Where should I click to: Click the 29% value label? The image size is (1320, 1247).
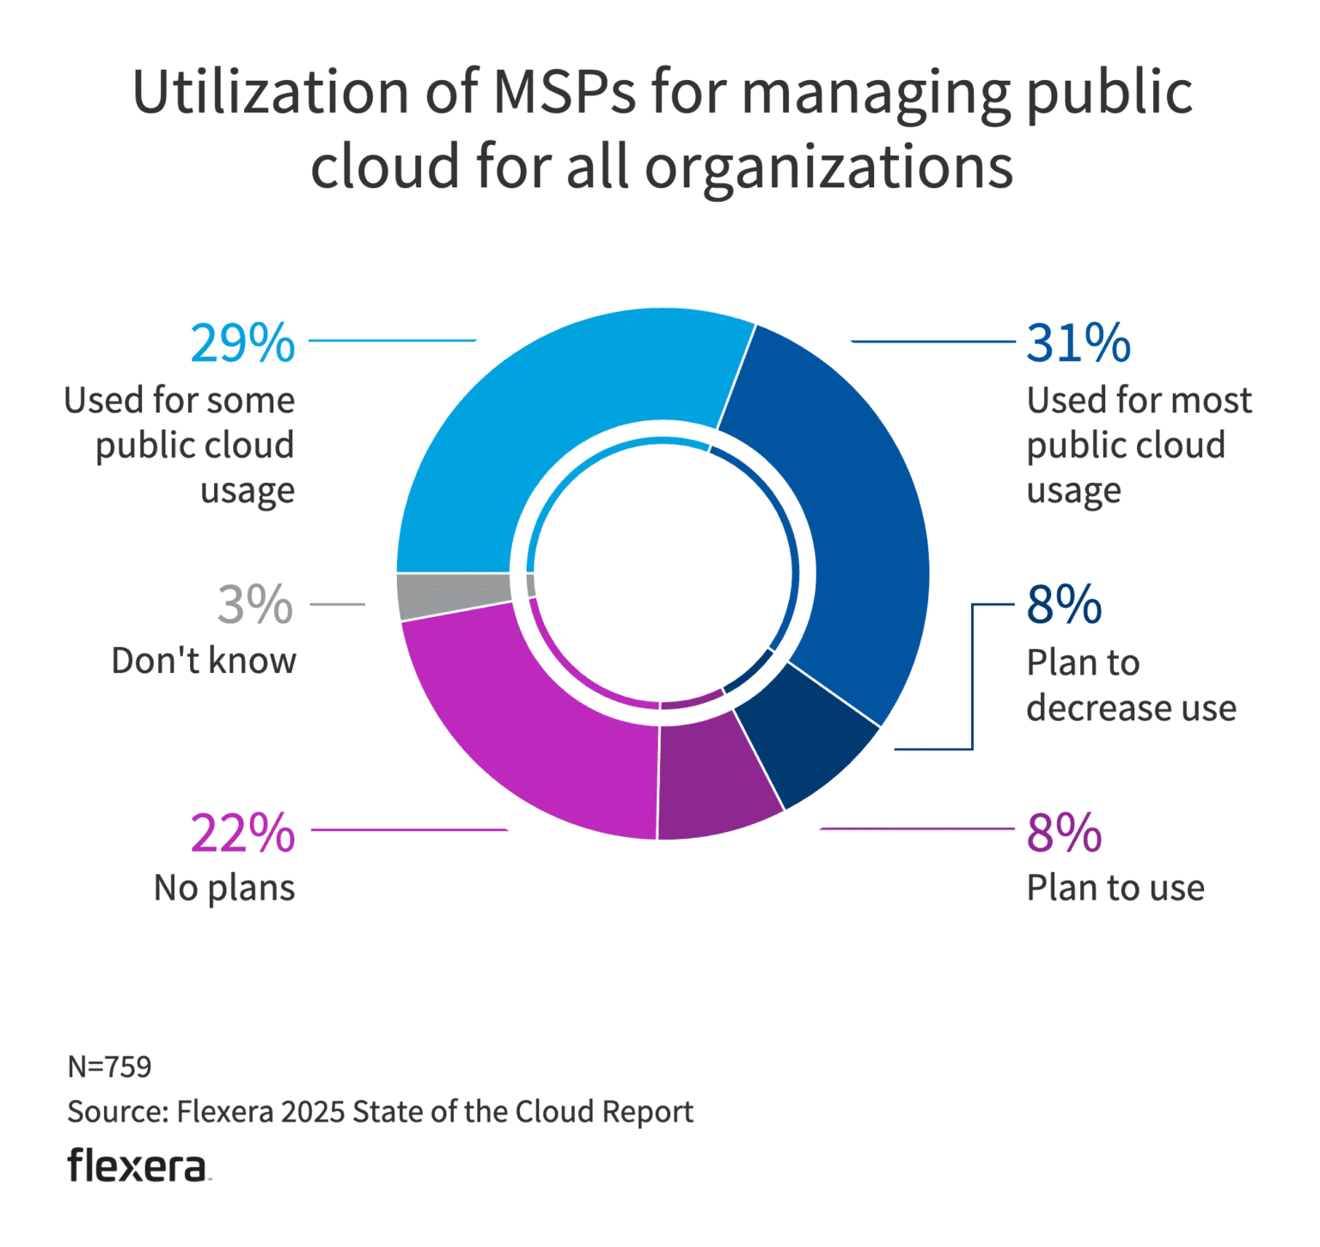pos(242,344)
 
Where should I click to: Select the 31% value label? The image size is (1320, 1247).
pos(1079,344)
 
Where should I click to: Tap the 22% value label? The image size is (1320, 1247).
pos(242,833)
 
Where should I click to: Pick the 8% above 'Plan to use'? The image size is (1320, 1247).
pos(1064,833)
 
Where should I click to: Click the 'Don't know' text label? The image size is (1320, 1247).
pos(204,661)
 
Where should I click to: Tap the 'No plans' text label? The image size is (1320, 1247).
pos(224,888)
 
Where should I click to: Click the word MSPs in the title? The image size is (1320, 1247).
pos(564,92)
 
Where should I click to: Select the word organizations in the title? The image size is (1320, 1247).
pos(828,167)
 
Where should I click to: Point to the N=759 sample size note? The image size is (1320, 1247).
pos(109,1067)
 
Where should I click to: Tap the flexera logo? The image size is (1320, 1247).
pos(137,1166)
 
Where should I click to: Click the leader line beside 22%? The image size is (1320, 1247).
pos(409,830)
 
